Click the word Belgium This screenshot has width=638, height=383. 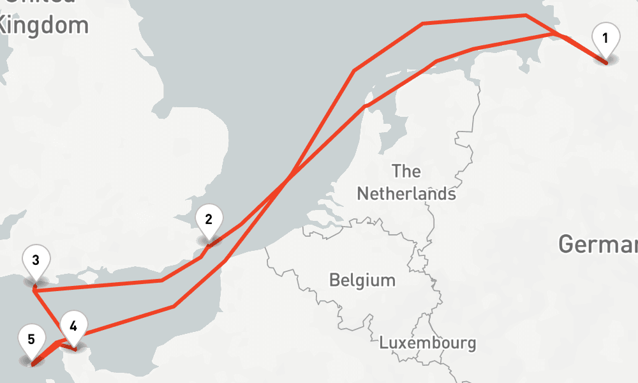(362, 280)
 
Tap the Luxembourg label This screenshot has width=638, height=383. (427, 343)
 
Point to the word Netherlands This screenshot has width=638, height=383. (406, 193)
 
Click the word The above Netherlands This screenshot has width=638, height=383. (406, 171)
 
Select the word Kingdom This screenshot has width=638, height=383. (43, 25)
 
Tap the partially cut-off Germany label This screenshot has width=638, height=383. (598, 244)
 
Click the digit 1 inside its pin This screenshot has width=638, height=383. (605, 37)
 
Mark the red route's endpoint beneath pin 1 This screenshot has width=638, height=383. (605, 63)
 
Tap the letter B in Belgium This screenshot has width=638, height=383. (334, 280)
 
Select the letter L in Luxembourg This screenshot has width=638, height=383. (383, 343)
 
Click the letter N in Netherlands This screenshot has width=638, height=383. (362, 193)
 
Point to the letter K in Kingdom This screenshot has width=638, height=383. (6, 25)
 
